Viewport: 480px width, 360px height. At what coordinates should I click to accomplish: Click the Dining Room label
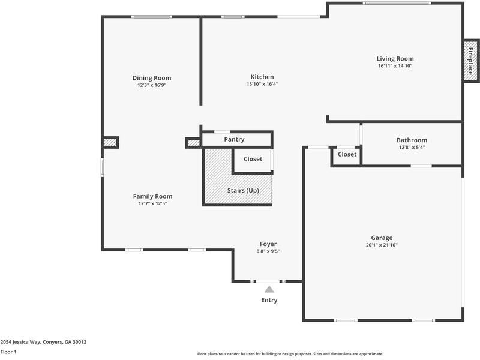coord(152,78)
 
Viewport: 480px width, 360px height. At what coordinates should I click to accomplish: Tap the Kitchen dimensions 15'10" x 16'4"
coord(262,84)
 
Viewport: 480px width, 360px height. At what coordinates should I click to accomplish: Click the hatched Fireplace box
coord(470,60)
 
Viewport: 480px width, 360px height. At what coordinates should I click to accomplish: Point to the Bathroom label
coord(412,140)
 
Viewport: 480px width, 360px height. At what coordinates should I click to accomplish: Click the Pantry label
coord(234,140)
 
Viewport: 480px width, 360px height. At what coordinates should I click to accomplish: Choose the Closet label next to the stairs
coord(253,159)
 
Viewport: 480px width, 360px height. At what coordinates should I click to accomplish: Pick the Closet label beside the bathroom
coord(347,155)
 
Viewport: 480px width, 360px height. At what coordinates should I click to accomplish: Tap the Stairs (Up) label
coord(243,191)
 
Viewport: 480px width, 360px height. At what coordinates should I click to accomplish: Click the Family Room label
coord(152,196)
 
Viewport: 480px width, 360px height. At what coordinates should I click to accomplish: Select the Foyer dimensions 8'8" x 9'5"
coord(268,251)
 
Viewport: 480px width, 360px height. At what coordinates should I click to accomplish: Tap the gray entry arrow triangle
coord(269,289)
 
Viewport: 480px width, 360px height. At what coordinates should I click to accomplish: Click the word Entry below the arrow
coord(269,300)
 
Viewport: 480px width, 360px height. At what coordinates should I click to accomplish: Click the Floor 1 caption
coord(8,352)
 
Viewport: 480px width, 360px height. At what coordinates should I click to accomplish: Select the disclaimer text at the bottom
coord(290,354)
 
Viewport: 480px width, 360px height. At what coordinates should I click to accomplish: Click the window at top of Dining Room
coord(148,17)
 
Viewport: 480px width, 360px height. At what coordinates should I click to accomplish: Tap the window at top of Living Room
coord(396,3)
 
